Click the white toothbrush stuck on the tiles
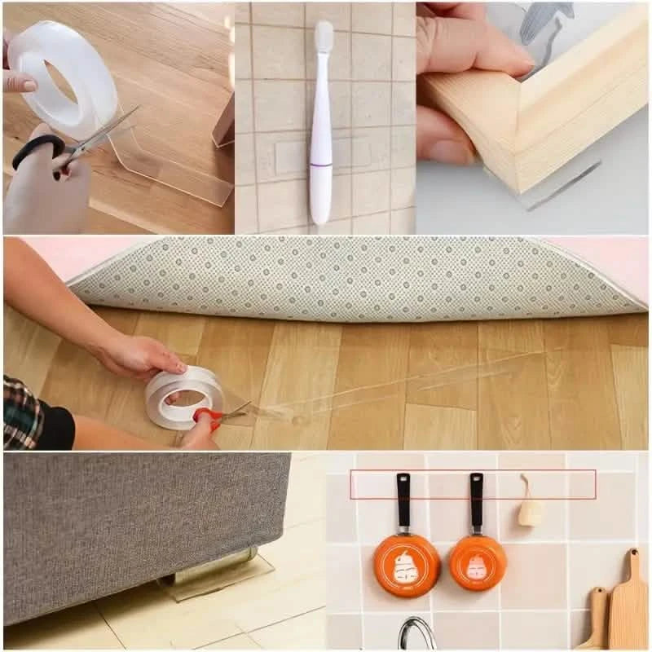321,155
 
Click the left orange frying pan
407,564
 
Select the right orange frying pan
478,562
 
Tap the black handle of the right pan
476,501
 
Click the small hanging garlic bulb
530,509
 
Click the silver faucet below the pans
416,635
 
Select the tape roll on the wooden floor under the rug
184,396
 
